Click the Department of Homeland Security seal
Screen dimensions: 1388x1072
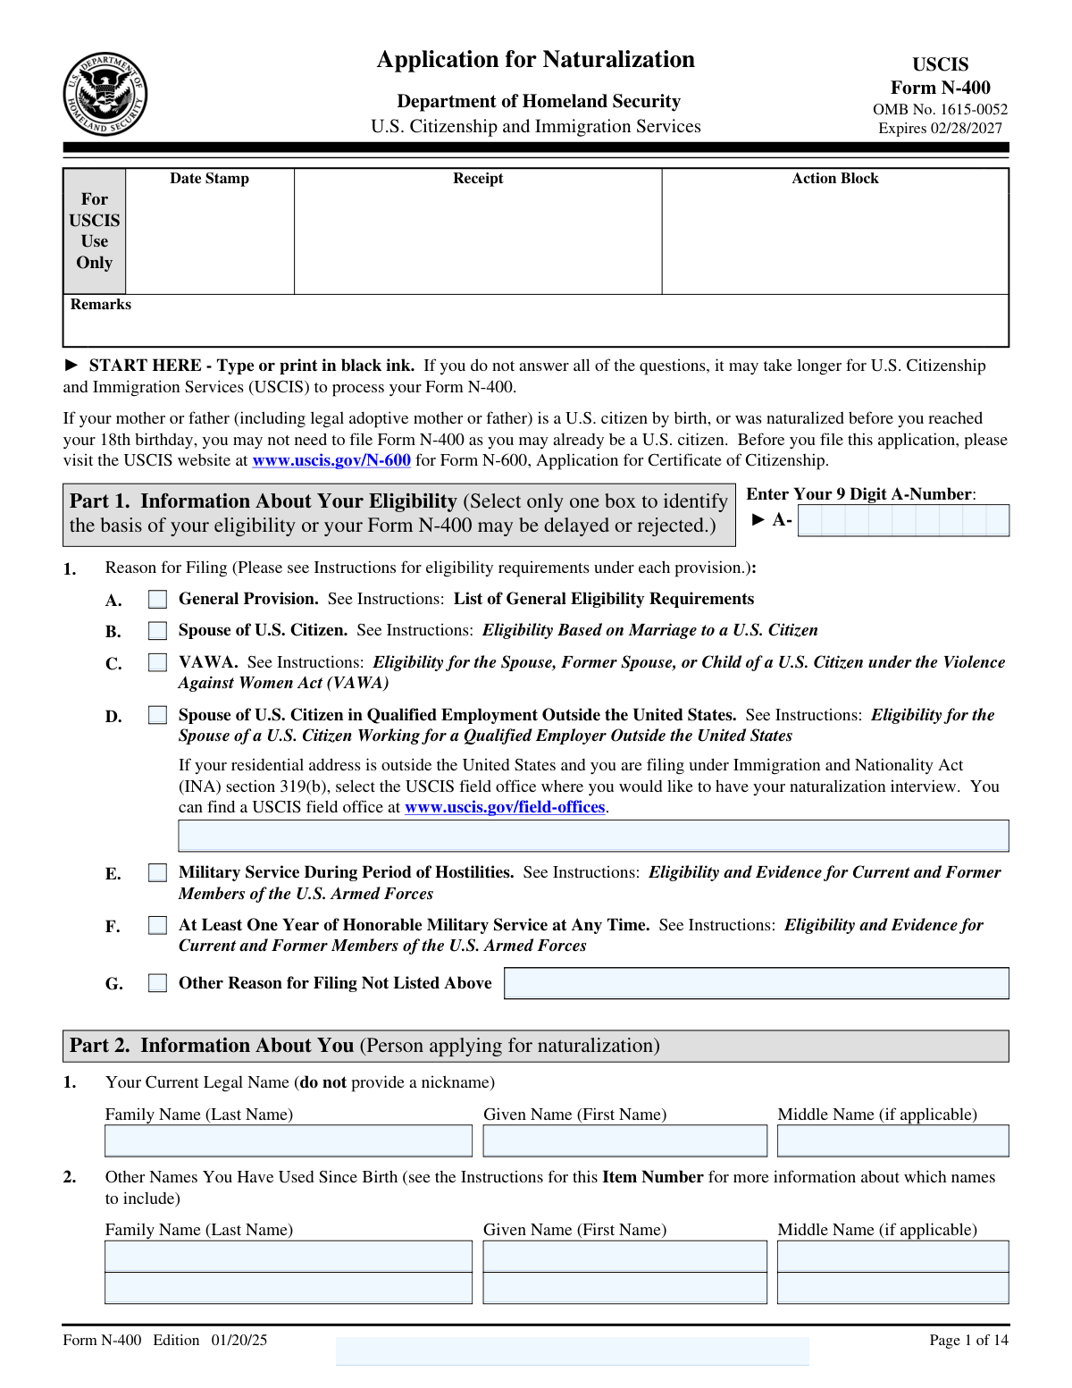[105, 94]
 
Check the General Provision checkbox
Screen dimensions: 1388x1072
[158, 599]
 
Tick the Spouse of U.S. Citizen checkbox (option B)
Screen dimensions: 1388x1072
[158, 631]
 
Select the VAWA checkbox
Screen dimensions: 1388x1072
[158, 662]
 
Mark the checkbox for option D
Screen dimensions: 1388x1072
[158, 715]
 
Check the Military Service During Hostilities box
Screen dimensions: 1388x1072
[158, 872]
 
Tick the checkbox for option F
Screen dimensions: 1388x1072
[158, 925]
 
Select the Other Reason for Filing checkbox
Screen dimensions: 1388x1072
[158, 983]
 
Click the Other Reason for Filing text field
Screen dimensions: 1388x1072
[756, 983]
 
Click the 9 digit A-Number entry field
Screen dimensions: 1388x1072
[903, 520]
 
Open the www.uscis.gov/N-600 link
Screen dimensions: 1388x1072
[331, 461]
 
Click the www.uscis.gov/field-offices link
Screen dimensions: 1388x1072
[505, 807]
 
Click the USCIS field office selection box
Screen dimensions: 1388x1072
[593, 836]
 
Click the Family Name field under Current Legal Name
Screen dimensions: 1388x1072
[289, 1141]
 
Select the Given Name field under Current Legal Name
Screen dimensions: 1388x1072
[625, 1141]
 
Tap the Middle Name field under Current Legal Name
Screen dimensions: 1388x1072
[892, 1141]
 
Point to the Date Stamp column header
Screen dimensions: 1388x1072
[210, 179]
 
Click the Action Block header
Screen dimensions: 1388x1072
[835, 179]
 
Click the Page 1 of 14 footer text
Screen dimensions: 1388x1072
[968, 1340]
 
